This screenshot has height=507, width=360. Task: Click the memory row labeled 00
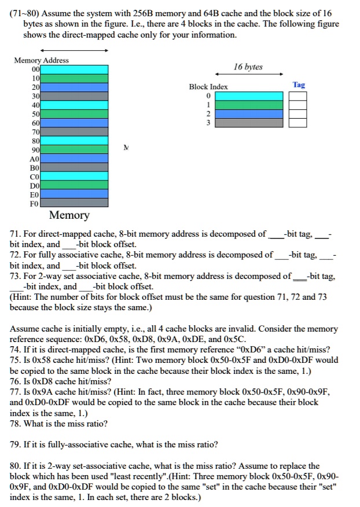point(74,69)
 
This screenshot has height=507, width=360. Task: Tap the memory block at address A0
point(74,158)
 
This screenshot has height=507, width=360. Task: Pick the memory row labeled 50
point(74,113)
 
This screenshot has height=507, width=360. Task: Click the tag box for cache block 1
point(299,105)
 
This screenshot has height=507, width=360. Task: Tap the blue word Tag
point(299,84)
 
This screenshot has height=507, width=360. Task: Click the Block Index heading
point(208,87)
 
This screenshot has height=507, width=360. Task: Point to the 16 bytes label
point(248,67)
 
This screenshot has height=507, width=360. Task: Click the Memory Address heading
point(42,60)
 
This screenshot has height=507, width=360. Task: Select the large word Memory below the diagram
point(69,216)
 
